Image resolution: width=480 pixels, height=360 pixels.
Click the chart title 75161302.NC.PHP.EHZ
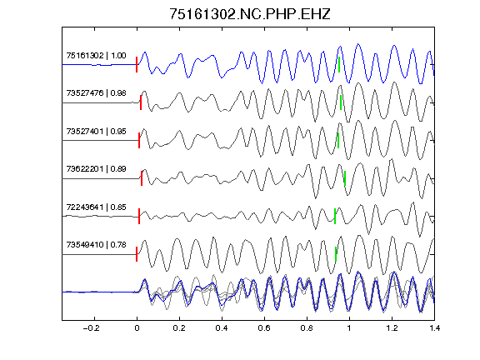coord(250,14)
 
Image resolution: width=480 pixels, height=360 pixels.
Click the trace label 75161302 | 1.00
coord(96,55)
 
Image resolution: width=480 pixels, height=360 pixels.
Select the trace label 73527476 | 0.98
coord(96,93)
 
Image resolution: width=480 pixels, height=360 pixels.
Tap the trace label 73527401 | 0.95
coord(96,132)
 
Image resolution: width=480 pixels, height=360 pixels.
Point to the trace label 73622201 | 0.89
coord(96,169)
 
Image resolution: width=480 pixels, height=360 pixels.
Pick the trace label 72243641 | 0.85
coord(96,207)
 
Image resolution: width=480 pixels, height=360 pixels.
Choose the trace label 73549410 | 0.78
coord(96,245)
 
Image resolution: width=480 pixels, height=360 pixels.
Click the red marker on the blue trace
coord(137,65)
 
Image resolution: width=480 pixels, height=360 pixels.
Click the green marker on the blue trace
coord(339,65)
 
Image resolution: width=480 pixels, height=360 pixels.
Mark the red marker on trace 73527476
coord(141,102)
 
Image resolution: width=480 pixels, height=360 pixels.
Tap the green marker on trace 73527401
coord(338,141)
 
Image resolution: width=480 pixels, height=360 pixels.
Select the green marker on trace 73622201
coord(345,178)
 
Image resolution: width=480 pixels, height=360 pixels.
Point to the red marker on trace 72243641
coord(139,216)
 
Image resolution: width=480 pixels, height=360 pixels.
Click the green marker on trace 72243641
coord(335,216)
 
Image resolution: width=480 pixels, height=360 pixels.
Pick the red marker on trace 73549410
coord(137,254)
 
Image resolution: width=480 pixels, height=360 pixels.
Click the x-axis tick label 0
coord(137,328)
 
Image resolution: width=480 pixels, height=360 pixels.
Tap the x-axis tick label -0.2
coord(92,328)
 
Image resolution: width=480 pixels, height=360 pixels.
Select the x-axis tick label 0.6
coord(264,328)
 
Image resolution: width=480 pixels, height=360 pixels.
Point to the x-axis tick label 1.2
coord(392,328)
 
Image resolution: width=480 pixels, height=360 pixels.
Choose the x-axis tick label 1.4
coord(434,328)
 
